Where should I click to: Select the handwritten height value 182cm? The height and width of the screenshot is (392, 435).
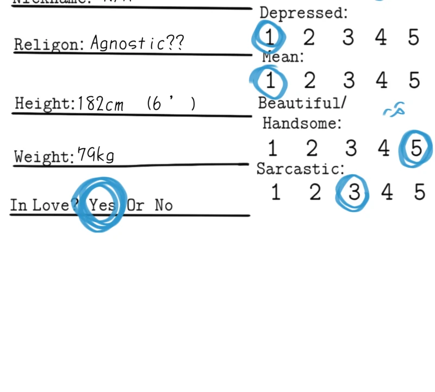(x=101, y=103)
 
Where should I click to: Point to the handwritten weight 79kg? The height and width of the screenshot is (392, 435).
(x=96, y=156)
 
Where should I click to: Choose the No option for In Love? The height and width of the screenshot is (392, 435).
(x=163, y=205)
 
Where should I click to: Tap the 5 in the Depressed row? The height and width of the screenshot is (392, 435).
(x=414, y=38)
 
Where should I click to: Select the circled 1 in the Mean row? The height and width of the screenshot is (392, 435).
(x=270, y=81)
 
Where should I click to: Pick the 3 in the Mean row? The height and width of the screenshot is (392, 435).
(x=349, y=81)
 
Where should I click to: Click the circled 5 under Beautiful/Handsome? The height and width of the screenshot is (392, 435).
(x=416, y=148)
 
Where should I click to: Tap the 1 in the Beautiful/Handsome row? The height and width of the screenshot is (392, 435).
(x=272, y=148)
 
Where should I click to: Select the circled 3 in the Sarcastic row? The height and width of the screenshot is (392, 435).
(x=353, y=192)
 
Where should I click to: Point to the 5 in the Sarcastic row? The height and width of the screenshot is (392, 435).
(x=419, y=192)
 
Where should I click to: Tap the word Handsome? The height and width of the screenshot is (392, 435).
(x=302, y=124)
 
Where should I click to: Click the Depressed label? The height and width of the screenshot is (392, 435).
(x=303, y=13)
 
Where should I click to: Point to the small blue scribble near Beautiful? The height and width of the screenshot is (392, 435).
(x=394, y=110)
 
